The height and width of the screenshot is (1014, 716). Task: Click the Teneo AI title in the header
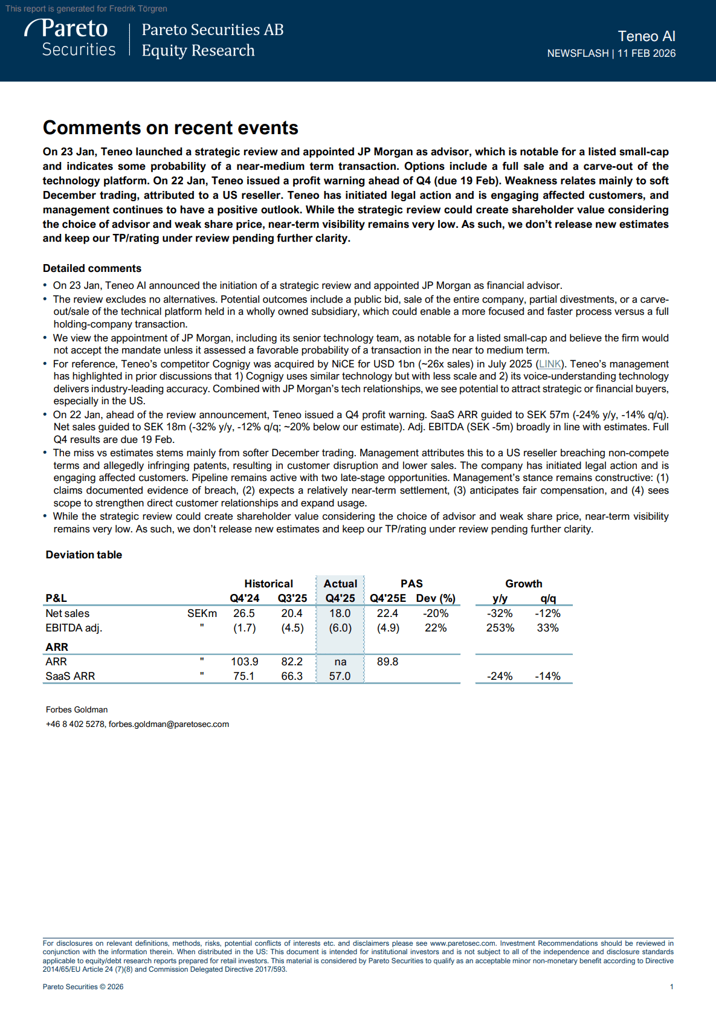click(x=646, y=36)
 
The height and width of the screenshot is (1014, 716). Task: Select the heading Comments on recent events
click(x=170, y=128)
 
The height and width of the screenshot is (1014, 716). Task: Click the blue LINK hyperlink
click(x=550, y=364)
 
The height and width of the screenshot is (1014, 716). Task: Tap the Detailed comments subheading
click(x=92, y=268)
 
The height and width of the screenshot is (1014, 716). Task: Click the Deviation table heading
click(x=84, y=555)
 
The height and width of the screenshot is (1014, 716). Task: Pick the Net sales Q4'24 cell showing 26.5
click(x=244, y=613)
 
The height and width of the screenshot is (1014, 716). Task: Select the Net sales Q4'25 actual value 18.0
click(x=340, y=613)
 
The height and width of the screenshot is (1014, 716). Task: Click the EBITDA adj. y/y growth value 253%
click(x=500, y=628)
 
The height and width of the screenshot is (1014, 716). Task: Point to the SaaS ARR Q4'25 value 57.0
click(x=340, y=676)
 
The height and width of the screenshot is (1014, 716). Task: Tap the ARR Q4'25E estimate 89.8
click(x=387, y=662)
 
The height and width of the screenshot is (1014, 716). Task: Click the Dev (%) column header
click(x=436, y=598)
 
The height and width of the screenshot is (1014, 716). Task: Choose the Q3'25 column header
click(x=292, y=598)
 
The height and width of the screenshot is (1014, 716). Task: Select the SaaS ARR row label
click(x=70, y=676)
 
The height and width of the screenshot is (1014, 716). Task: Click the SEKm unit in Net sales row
click(x=202, y=613)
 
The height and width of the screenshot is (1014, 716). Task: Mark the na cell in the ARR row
click(x=340, y=662)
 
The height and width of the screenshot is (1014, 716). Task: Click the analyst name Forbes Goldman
click(x=77, y=709)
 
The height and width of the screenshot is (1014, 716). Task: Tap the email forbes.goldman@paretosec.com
click(x=169, y=724)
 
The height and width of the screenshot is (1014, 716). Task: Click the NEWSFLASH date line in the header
click(x=611, y=53)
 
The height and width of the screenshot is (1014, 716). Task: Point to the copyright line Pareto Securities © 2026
click(x=83, y=987)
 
